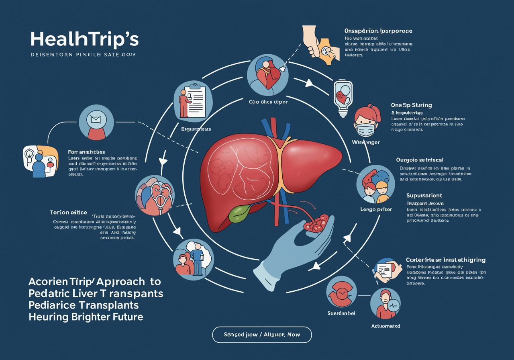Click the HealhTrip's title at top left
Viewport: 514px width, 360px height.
click(84, 39)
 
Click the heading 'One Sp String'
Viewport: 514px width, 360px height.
click(412, 105)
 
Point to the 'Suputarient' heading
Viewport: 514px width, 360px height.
click(424, 195)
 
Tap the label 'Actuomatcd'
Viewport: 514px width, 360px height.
click(385, 326)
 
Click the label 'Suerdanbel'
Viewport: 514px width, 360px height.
click(341, 313)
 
